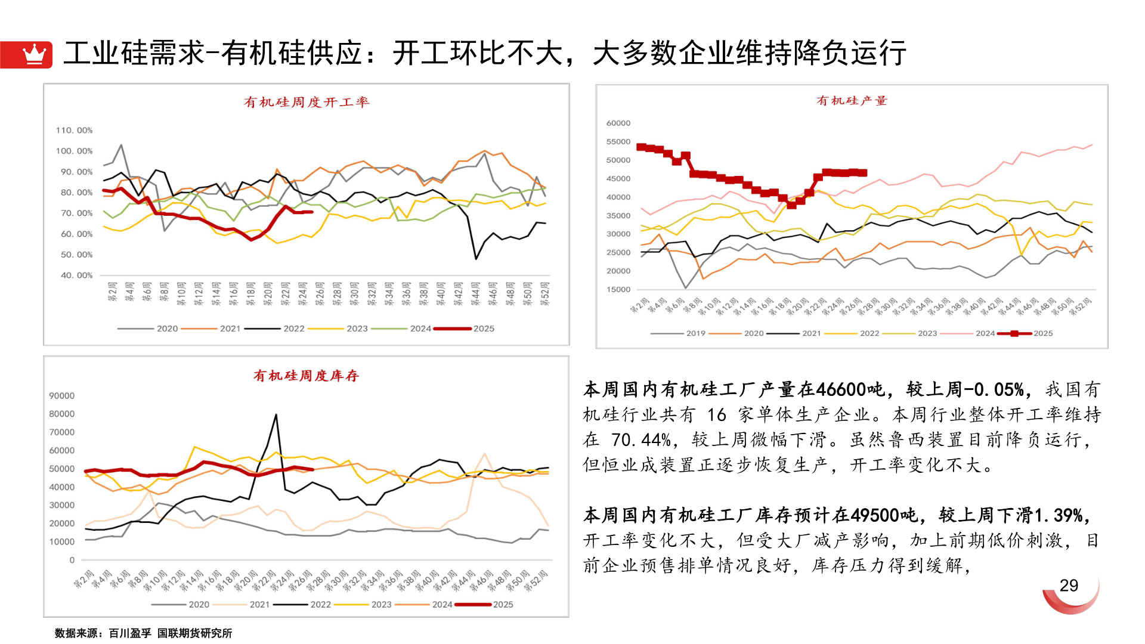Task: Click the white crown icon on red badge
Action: pyautogui.click(x=34, y=54)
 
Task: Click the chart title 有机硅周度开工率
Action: pyautogui.click(x=307, y=102)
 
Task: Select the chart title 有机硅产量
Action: pyautogui.click(x=852, y=101)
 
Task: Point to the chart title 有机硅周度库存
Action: pyautogui.click(x=306, y=376)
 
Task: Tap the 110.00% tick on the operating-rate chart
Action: pyautogui.click(x=75, y=130)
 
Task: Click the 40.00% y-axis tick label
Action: pyautogui.click(x=76, y=275)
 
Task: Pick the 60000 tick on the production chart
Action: pyautogui.click(x=618, y=123)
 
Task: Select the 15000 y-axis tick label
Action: pyautogui.click(x=618, y=290)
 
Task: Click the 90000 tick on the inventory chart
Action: pyautogui.click(x=62, y=396)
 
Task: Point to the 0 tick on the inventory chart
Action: pyautogui.click(x=72, y=561)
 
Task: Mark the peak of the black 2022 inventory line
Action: pyautogui.click(x=276, y=415)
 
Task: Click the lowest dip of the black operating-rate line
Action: pyautogui.click(x=476, y=258)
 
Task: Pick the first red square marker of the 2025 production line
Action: pyautogui.click(x=641, y=147)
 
